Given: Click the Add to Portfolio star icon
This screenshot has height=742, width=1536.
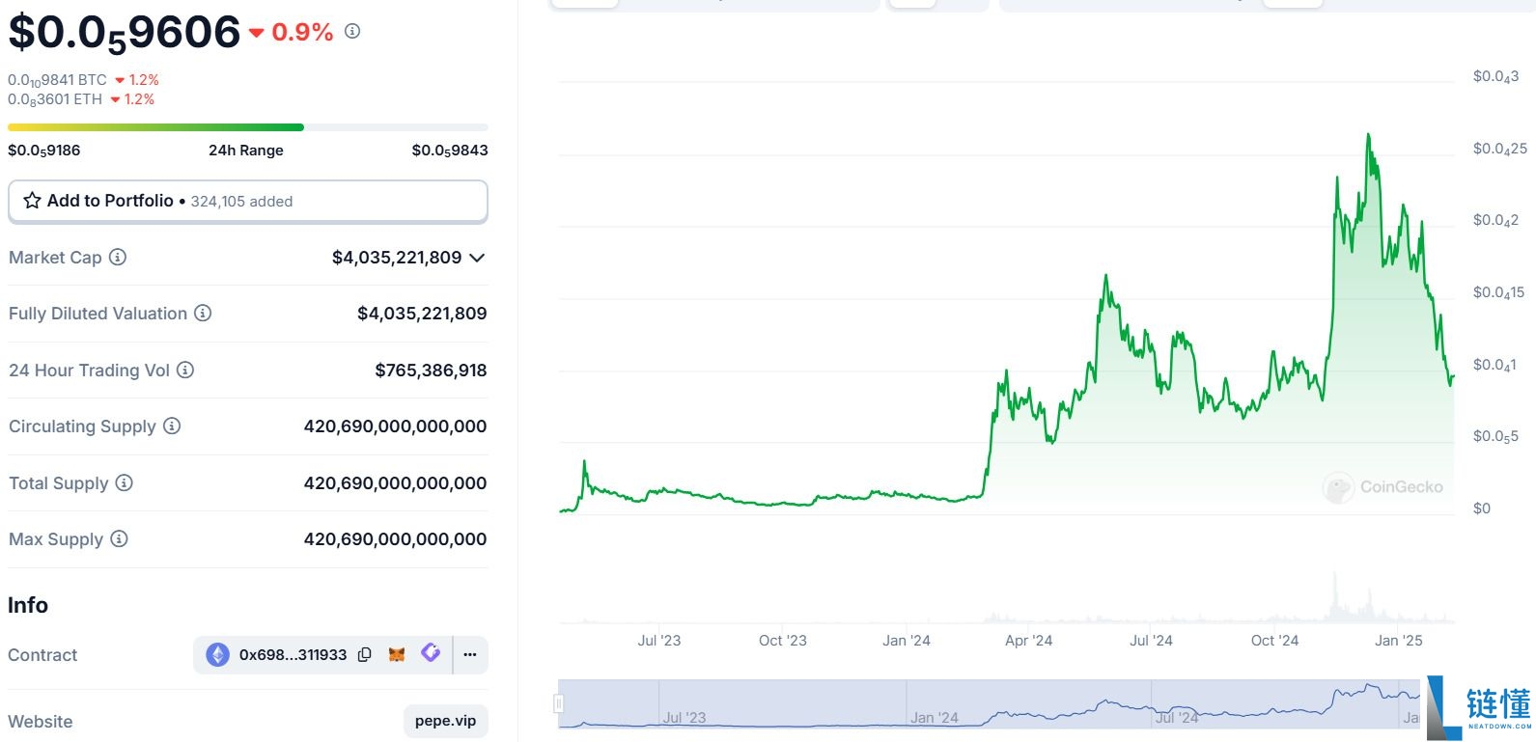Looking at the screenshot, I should [x=32, y=201].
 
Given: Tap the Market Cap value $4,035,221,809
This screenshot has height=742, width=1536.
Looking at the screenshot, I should [x=396, y=258].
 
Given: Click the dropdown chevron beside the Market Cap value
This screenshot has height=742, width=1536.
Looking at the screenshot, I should [x=477, y=258].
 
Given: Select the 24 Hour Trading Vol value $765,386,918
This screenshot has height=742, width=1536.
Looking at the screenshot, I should [x=431, y=371].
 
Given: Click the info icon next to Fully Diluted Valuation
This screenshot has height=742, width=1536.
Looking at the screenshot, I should [x=203, y=313].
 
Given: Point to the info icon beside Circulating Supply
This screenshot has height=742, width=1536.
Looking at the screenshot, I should [x=172, y=426].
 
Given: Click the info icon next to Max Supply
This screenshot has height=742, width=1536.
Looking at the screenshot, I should [x=119, y=538].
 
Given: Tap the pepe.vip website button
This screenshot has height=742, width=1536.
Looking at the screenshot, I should [x=445, y=721].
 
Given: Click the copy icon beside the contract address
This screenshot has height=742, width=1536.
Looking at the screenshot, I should [x=365, y=654].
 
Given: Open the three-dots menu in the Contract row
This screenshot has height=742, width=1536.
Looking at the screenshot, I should [x=470, y=654].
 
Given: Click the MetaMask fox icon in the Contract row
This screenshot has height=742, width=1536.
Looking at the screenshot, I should [x=397, y=654].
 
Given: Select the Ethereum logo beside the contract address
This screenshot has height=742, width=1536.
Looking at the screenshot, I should [x=218, y=654].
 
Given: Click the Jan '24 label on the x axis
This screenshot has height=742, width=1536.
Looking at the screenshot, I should [x=906, y=641].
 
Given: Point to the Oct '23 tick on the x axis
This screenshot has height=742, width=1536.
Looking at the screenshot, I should [x=782, y=641].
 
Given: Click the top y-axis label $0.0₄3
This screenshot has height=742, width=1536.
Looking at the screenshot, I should [x=1495, y=77].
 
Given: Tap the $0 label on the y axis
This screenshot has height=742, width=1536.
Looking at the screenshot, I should [x=1482, y=508].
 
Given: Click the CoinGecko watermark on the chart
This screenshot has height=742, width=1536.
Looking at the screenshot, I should [x=1383, y=487].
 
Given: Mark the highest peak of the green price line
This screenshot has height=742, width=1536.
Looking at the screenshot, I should [x=1368, y=136].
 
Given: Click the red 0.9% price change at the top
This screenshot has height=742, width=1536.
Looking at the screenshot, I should [x=302, y=33].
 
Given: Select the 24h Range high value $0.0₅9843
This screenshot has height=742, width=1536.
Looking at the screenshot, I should [x=449, y=151].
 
